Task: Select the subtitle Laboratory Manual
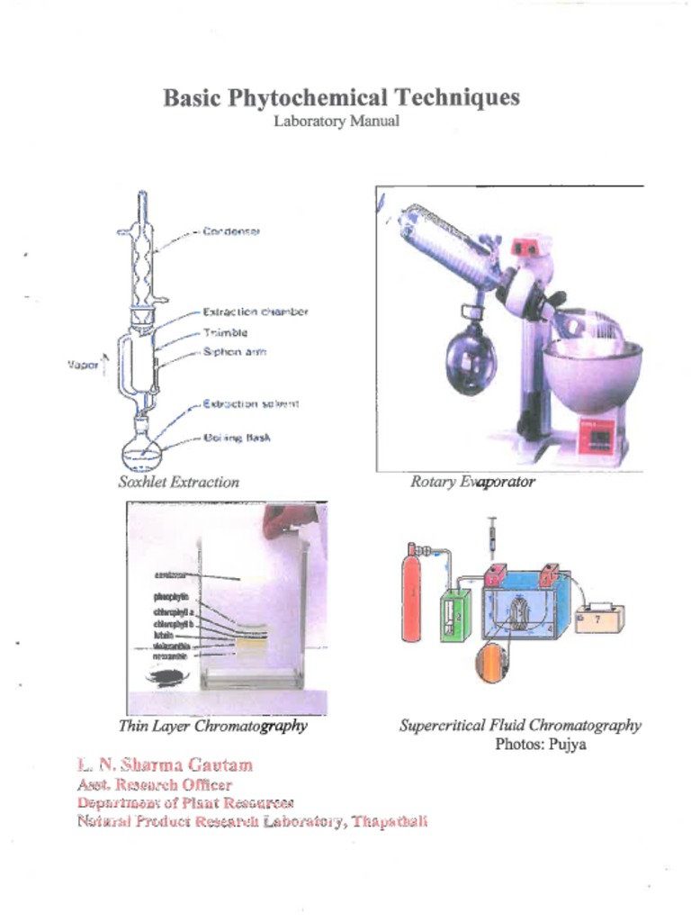(x=337, y=122)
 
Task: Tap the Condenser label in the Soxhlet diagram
(x=231, y=231)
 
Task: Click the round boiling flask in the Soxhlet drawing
(x=143, y=447)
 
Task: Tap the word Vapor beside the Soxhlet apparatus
(x=81, y=366)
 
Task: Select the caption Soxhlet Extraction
(x=178, y=482)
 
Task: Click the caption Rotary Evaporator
(x=472, y=482)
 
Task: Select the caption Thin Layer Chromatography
(x=212, y=726)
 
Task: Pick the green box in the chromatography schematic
(x=455, y=616)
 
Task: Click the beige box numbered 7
(x=599, y=619)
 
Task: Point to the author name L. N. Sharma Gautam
(x=165, y=765)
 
